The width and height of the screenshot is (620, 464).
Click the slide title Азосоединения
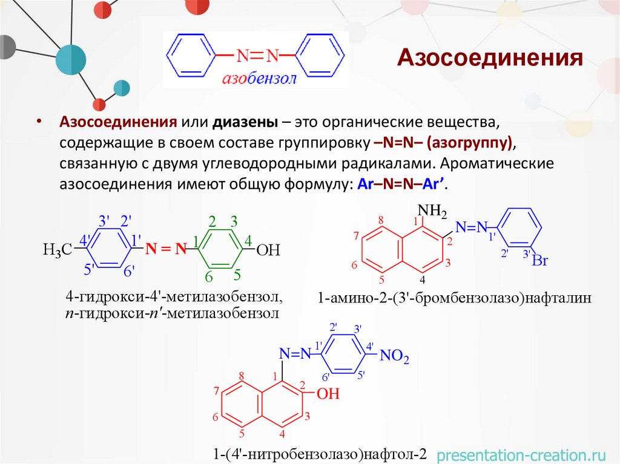[x=490, y=59]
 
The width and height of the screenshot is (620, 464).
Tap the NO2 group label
[x=394, y=358]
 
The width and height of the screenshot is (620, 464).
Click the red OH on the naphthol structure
[x=328, y=394]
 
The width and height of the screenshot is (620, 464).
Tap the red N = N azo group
[x=165, y=248]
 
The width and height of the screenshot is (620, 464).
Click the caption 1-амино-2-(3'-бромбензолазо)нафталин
[x=453, y=298]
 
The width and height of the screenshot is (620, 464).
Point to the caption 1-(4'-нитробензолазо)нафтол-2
[x=320, y=454]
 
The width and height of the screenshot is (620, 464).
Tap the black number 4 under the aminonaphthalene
[x=423, y=280]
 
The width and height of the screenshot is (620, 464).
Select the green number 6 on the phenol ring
[x=208, y=277]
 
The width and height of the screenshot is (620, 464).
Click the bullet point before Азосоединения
[x=39, y=122]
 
